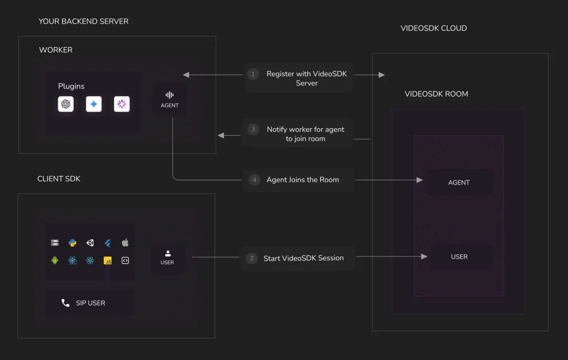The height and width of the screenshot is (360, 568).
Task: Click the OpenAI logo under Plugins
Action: pyautogui.click(x=66, y=104)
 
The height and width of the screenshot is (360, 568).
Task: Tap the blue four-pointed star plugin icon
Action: pyautogui.click(x=94, y=104)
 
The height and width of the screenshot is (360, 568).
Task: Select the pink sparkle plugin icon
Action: pyautogui.click(x=121, y=104)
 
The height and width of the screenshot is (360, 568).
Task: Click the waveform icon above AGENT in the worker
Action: pyautogui.click(x=169, y=95)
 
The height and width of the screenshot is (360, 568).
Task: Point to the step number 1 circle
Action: pyautogui.click(x=253, y=74)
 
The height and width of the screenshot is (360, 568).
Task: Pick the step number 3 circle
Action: pyautogui.click(x=253, y=129)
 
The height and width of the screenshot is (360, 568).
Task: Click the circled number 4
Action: pyautogui.click(x=255, y=180)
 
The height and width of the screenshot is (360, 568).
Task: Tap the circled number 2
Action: pyautogui.click(x=252, y=259)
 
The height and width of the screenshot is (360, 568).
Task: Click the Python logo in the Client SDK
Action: pyautogui.click(x=73, y=243)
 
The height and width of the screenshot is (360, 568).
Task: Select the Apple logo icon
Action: pyautogui.click(x=125, y=242)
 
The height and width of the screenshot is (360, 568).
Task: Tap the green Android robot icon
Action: pyautogui.click(x=55, y=261)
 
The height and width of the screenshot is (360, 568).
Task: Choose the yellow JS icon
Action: pyautogui.click(x=108, y=261)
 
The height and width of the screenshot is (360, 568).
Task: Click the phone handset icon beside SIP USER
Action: pyautogui.click(x=65, y=303)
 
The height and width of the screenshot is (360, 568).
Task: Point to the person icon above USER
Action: pyautogui.click(x=168, y=254)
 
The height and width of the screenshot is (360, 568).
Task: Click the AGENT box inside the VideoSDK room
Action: pyautogui.click(x=459, y=183)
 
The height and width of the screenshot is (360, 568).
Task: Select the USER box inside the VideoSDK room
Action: pyautogui.click(x=459, y=257)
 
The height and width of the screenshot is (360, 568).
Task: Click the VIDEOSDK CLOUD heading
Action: pyautogui.click(x=433, y=28)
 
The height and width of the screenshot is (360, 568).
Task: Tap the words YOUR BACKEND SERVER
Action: pyautogui.click(x=83, y=22)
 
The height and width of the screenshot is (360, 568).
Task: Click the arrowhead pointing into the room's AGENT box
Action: pyautogui.click(x=420, y=180)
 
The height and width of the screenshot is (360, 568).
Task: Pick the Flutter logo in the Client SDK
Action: pyautogui.click(x=108, y=243)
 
